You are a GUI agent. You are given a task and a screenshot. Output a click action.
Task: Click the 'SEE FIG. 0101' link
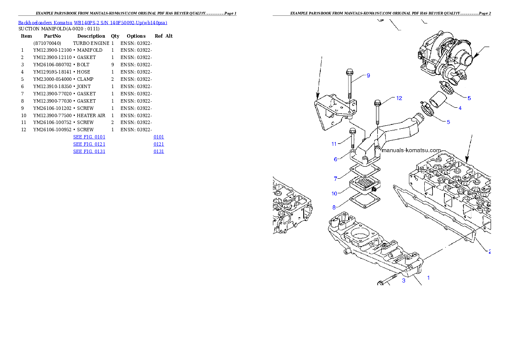point(89,137)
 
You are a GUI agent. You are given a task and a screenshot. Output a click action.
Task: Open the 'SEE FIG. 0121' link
point(89,144)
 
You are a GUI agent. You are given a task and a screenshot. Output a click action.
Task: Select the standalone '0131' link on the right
point(159,151)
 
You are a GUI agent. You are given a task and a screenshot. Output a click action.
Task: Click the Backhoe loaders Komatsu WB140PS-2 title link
point(92,23)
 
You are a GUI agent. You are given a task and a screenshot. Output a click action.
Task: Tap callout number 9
point(368,76)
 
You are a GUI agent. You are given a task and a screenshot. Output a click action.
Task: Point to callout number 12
point(399,98)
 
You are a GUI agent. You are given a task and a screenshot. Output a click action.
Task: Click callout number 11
point(334,144)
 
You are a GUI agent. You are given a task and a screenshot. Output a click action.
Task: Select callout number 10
point(334,194)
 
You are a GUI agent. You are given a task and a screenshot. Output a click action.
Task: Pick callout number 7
point(336,178)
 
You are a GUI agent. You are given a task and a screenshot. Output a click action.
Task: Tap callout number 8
point(334,207)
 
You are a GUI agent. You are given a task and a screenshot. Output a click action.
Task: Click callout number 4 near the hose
point(460,108)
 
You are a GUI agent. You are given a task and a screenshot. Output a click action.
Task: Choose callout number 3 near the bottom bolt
point(403,281)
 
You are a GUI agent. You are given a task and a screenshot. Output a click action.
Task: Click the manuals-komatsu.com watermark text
point(411,150)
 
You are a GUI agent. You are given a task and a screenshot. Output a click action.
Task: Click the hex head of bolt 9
point(348,72)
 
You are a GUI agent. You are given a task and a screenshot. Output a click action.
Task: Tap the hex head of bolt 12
point(377,103)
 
